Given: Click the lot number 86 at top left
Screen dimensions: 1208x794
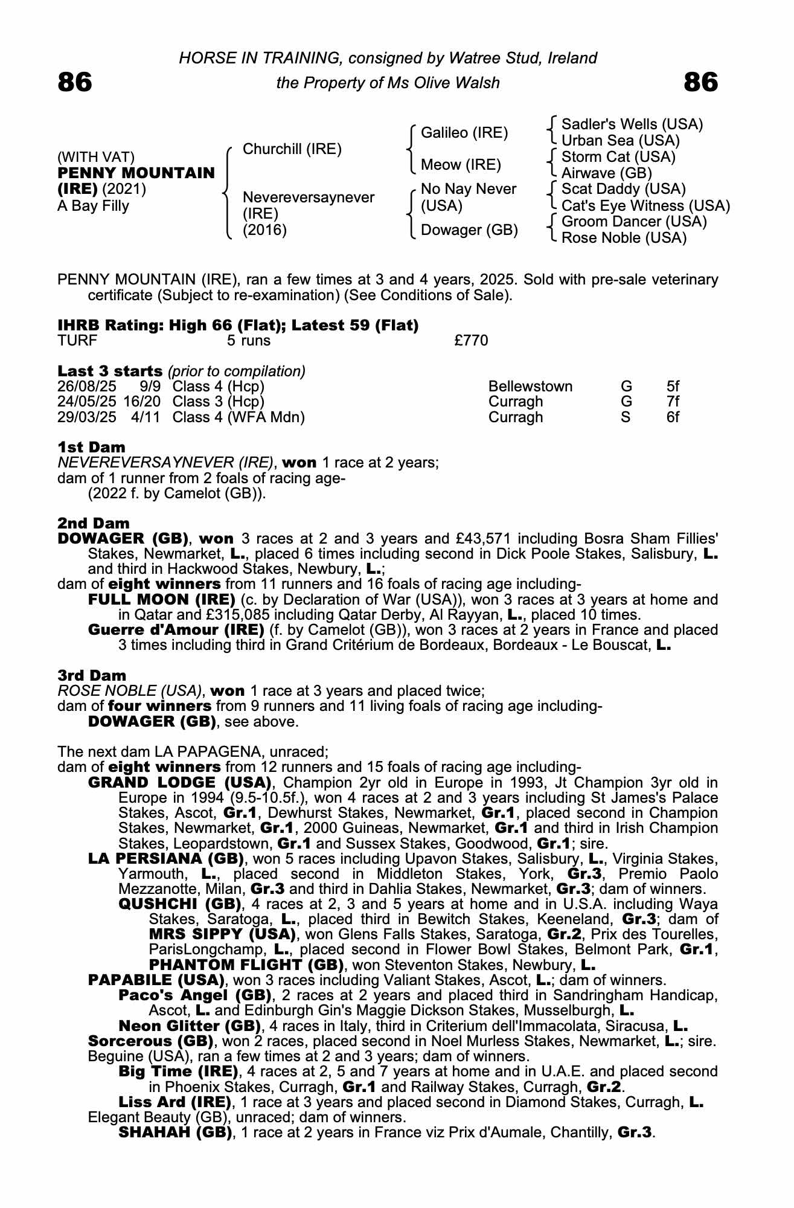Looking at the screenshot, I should coord(75,82).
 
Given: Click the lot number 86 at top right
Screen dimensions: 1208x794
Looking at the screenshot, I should coord(700,82).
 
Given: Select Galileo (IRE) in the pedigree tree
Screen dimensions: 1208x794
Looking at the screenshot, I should coord(464,132).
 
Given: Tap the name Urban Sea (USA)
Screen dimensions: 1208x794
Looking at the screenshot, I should coord(620,141).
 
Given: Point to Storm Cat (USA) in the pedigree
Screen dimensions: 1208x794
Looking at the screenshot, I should coord(618,157).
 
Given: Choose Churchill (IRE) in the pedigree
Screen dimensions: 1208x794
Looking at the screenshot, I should coord(292,149).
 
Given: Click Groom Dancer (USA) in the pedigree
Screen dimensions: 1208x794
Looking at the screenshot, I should coord(633,222).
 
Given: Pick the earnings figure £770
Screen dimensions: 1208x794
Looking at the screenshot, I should coord(471,341).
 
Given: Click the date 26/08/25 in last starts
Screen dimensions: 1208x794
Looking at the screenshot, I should coord(86,387).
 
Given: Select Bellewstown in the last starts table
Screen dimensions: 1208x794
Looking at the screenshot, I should coord(530,387).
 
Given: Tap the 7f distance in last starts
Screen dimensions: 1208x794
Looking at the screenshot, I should coord(673,402).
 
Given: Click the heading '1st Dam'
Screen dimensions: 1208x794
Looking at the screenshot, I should coord(91,448).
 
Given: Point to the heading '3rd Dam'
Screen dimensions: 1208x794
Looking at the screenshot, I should coord(92,676).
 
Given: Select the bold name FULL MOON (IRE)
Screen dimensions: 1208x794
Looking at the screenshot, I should coord(161,600).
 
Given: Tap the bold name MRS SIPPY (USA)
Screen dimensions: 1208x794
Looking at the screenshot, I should coord(222,934).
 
